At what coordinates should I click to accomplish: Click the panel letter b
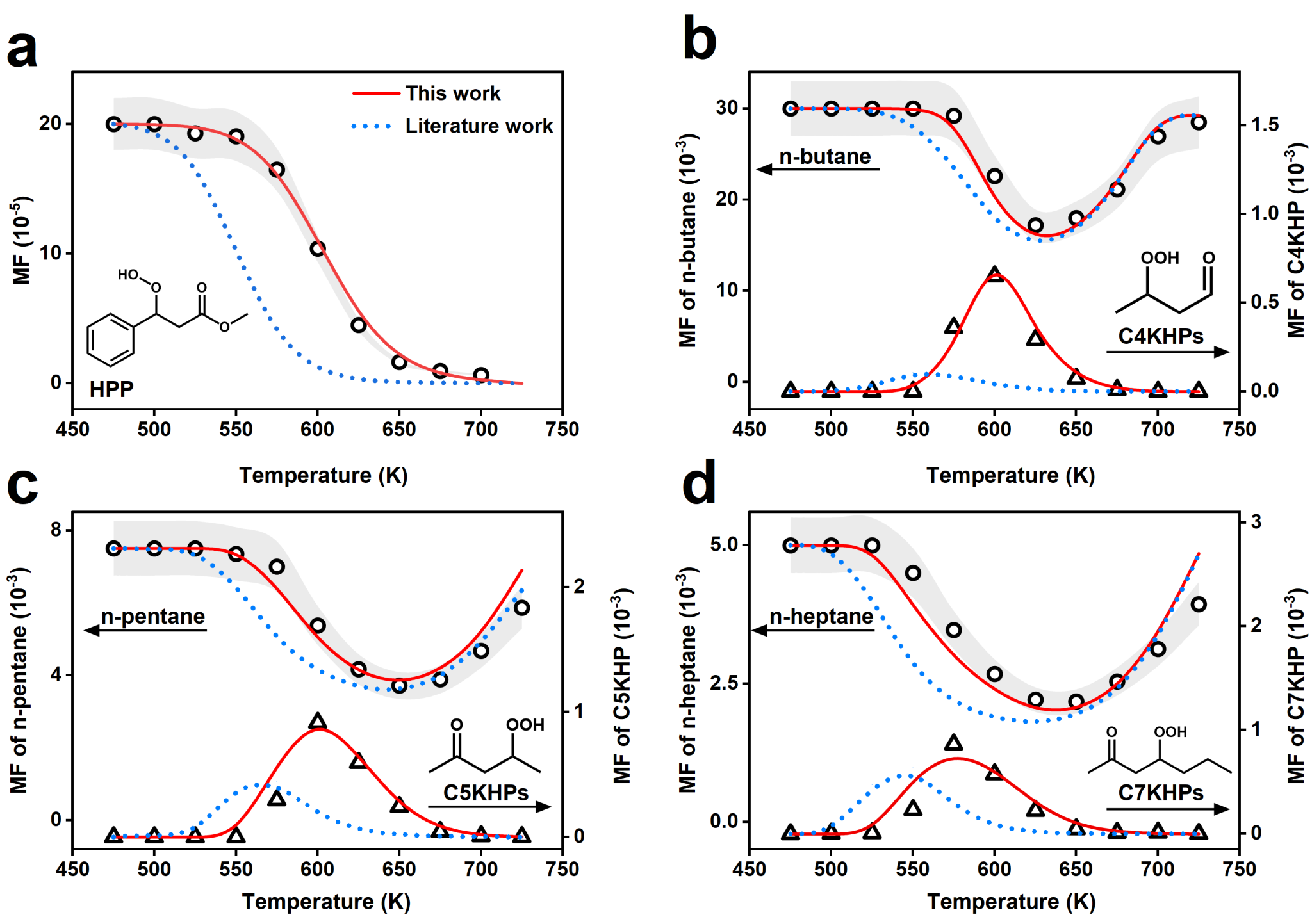[700, 40]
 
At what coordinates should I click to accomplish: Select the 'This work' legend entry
[452, 93]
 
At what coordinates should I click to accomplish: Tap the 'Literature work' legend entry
[478, 126]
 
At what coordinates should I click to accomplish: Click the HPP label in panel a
[111, 389]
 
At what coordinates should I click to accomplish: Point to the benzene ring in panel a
[111, 339]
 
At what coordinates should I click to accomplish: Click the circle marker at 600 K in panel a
[318, 248]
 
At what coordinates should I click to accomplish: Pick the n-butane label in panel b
[824, 157]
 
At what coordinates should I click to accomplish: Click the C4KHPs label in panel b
[1160, 336]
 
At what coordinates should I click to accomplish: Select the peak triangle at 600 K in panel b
[994, 275]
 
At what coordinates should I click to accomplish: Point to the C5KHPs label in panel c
[486, 793]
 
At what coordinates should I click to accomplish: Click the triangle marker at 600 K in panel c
[318, 722]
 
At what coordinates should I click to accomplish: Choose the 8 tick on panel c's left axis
[56, 530]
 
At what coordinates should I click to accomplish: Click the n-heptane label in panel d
[821, 617]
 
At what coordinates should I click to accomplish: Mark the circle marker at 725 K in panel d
[1199, 605]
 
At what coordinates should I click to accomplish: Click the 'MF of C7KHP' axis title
[1295, 686]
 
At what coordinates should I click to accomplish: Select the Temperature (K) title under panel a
[324, 476]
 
